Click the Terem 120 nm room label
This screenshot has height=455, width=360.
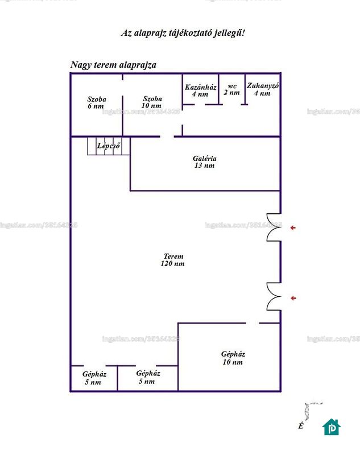tap(172, 260)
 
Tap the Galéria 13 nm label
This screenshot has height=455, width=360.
tap(205, 162)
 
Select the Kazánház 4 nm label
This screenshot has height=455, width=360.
tap(200, 90)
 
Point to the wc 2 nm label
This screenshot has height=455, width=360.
tap(232, 89)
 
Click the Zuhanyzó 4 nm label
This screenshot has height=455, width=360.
tap(263, 89)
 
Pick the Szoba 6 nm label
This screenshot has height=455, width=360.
tap(96, 103)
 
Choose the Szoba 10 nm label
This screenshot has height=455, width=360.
tap(152, 102)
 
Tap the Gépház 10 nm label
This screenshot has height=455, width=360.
tap(233, 358)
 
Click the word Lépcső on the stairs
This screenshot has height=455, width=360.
tap(109, 146)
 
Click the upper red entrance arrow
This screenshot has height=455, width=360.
tap(293, 228)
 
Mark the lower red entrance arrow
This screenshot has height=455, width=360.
tap(293, 298)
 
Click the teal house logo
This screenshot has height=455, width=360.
tap(332, 427)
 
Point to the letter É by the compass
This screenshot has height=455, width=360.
tap(301, 426)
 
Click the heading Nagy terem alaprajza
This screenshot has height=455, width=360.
tap(113, 65)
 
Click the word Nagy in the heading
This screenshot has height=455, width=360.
tap(81, 65)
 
